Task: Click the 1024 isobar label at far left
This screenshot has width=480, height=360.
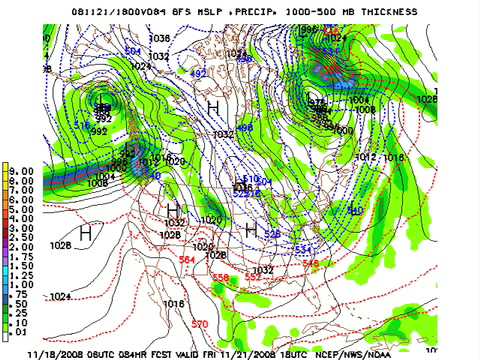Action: pyautogui.click(x=60, y=296)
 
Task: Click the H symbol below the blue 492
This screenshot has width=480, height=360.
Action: pyautogui.click(x=213, y=106)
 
